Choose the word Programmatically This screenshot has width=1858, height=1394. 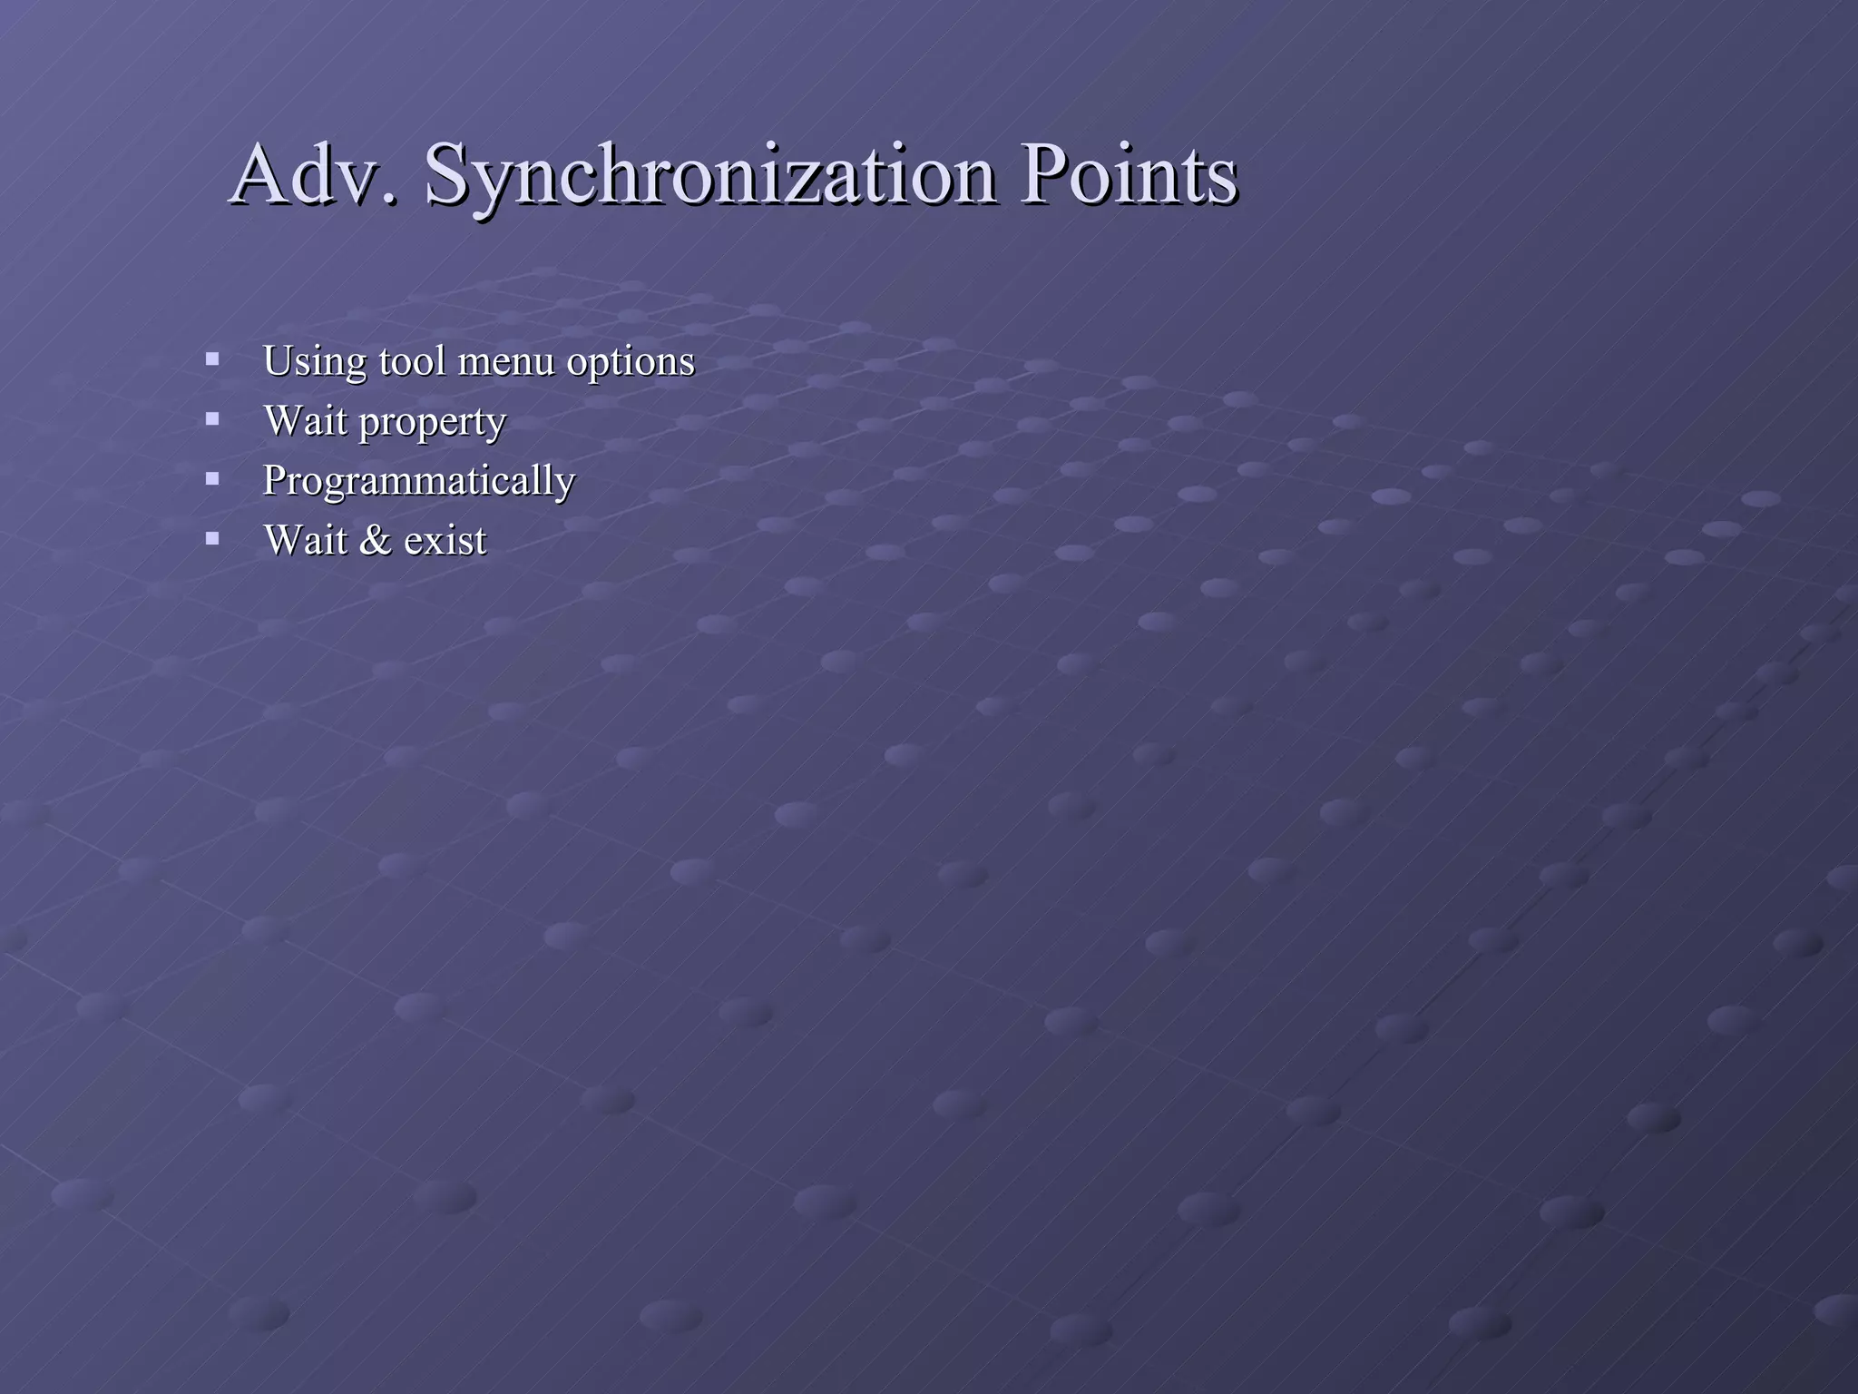point(418,481)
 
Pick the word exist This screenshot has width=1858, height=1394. point(445,540)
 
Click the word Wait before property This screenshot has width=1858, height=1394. point(305,420)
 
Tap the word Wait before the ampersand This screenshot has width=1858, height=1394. point(305,540)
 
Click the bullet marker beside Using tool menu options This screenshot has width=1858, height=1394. point(212,358)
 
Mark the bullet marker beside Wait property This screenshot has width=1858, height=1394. point(212,418)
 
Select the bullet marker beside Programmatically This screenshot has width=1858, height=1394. point(212,478)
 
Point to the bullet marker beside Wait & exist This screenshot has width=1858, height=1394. point(212,538)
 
